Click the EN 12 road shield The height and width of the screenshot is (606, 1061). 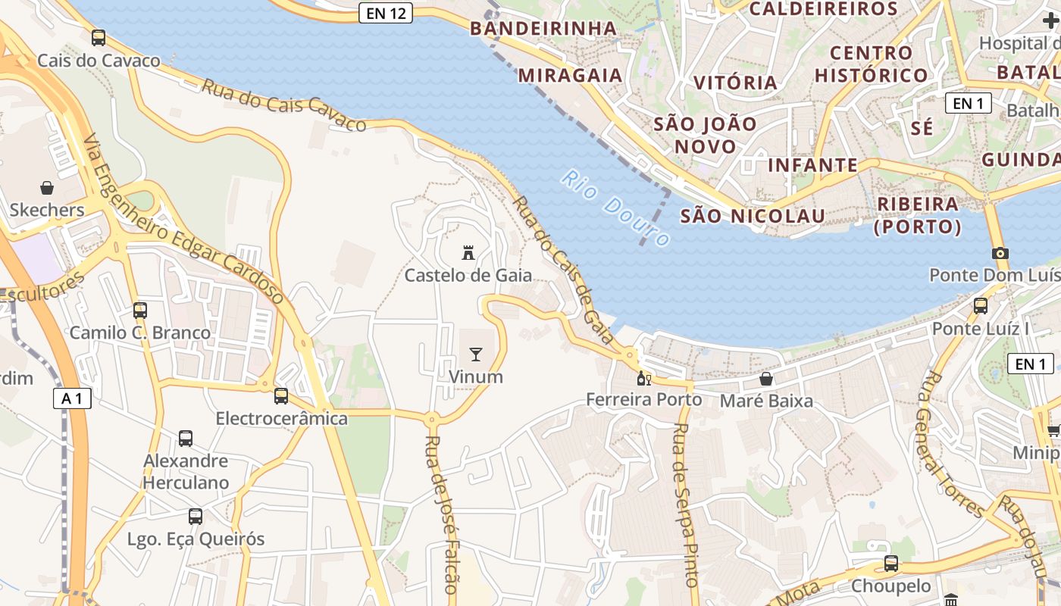pyautogui.click(x=386, y=13)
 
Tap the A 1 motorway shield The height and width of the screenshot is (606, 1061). pyautogui.click(x=72, y=398)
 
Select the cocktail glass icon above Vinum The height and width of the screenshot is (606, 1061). pyautogui.click(x=476, y=354)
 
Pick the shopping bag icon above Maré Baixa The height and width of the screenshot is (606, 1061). pyautogui.click(x=766, y=378)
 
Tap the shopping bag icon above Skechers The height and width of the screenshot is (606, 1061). pyautogui.click(x=47, y=187)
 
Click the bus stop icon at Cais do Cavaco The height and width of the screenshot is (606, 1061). pyautogui.click(x=99, y=37)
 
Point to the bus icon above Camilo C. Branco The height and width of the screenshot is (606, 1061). pyautogui.click(x=140, y=310)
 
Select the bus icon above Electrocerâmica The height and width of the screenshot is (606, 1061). pyautogui.click(x=281, y=395)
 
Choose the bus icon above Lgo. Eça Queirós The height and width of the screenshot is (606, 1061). pyautogui.click(x=196, y=517)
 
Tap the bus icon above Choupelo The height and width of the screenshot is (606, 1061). pyautogui.click(x=891, y=564)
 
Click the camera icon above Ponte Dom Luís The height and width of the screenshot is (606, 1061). pyautogui.click(x=1000, y=253)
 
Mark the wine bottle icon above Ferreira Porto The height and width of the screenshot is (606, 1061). pyautogui.click(x=643, y=378)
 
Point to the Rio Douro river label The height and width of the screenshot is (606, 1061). pyautogui.click(x=615, y=207)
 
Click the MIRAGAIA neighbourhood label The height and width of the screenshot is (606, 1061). pyautogui.click(x=571, y=75)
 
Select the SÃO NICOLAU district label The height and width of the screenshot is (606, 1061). pyautogui.click(x=753, y=216)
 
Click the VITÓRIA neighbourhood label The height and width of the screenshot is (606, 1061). pyautogui.click(x=735, y=82)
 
